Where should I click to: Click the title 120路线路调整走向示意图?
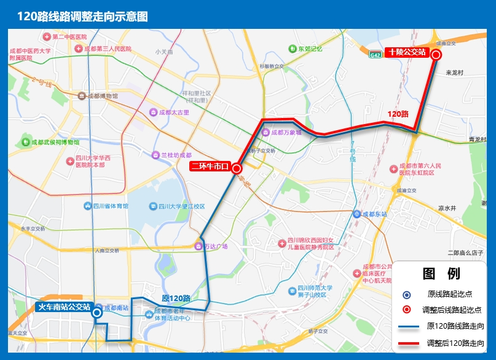[82, 17]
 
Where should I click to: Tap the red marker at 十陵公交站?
[436, 55]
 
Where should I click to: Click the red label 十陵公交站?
[406, 53]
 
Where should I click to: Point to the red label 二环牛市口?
[209, 166]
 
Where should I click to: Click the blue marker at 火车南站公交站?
[97, 313]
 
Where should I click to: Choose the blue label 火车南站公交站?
[64, 307]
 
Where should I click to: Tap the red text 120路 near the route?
[398, 114]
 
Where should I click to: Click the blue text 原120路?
[175, 299]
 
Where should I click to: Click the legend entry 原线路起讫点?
[450, 294]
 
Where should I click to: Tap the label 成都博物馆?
[102, 96]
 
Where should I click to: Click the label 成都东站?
[374, 214]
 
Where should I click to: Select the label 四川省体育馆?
[110, 206]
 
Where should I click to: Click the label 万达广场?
[216, 246]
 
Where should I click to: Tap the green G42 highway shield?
[376, 55]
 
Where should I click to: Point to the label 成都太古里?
[174, 112]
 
